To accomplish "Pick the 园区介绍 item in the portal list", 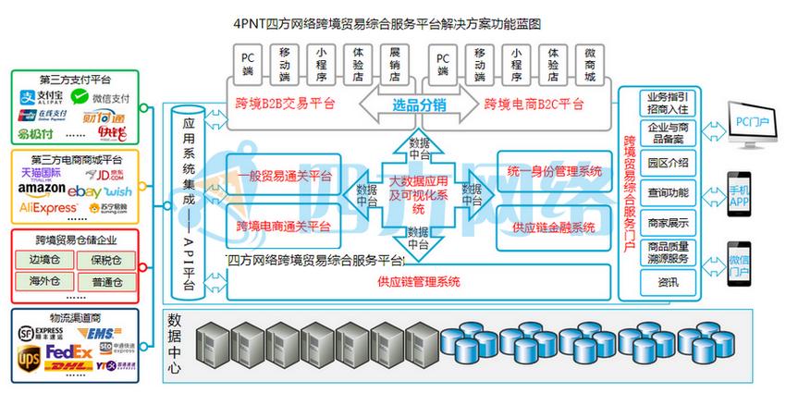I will coord(668,162).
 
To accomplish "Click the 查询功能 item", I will coord(668,192).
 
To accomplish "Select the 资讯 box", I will coord(668,282).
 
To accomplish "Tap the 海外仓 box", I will coord(43,280).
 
